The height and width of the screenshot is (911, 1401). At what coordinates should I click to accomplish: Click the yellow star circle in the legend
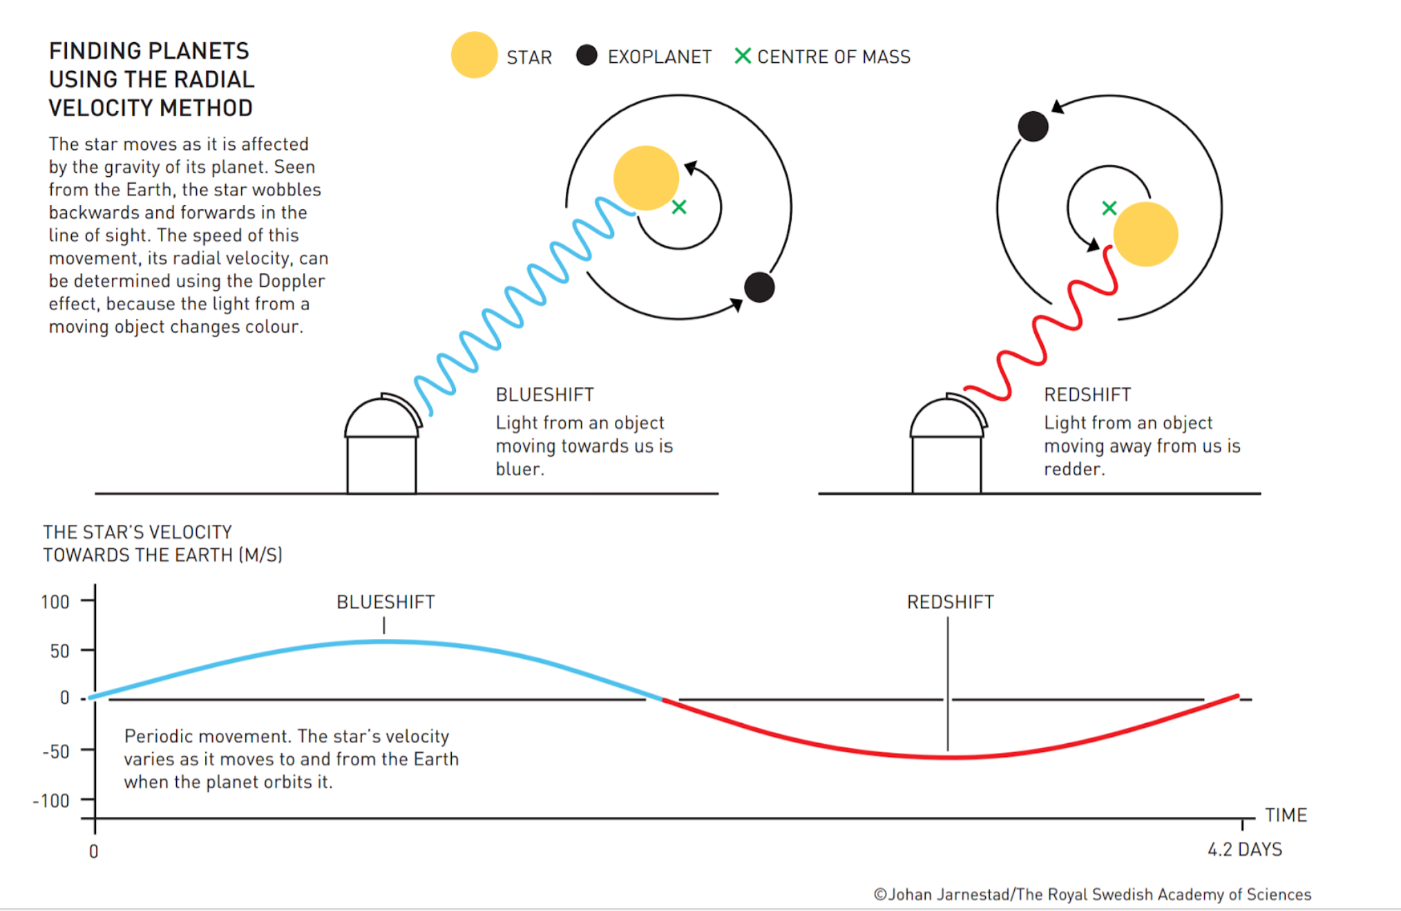[x=474, y=55]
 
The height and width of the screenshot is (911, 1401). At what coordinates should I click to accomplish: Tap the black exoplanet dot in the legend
[x=587, y=55]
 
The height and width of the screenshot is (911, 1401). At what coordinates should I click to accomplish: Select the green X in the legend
[x=743, y=56]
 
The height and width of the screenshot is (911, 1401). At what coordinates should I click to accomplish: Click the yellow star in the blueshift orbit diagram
[x=646, y=178]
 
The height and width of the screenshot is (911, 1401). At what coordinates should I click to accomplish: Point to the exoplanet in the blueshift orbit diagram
[x=759, y=287]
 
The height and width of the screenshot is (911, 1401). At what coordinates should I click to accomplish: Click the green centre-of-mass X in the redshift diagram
[x=1109, y=208]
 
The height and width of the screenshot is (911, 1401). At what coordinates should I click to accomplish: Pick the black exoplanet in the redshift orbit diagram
[x=1033, y=126]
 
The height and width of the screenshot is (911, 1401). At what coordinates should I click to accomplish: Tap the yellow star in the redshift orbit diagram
[x=1145, y=234]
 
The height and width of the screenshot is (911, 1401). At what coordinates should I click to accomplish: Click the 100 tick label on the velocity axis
[x=55, y=602]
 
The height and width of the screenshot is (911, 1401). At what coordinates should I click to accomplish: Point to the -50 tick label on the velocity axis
[x=55, y=751]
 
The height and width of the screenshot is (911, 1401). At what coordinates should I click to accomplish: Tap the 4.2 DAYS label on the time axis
[x=1245, y=850]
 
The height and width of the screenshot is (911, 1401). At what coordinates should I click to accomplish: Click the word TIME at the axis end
[x=1286, y=816]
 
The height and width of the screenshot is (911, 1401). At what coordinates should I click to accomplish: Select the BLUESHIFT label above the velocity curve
[x=385, y=602]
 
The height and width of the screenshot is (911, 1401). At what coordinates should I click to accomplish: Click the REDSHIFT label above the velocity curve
[x=951, y=602]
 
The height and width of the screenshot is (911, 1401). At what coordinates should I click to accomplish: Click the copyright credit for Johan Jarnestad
[x=1092, y=894]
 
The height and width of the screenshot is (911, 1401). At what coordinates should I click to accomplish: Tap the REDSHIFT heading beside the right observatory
[x=1087, y=394]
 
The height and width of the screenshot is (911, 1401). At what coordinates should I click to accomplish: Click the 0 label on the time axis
[x=94, y=852]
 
